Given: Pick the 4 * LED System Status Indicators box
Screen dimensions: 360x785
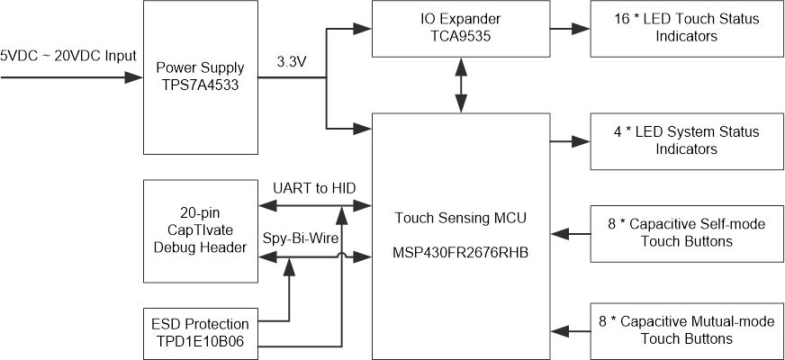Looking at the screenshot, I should pyautogui.click(x=685, y=140).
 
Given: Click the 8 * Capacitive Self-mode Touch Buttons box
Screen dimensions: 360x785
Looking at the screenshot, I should pyautogui.click(x=685, y=232).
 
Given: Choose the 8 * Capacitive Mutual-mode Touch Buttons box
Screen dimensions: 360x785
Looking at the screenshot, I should pyautogui.click(x=685, y=329).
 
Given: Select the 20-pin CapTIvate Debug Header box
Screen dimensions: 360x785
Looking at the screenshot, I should pyautogui.click(x=201, y=231).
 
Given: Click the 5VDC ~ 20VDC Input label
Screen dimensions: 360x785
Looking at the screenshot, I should pyautogui.click(x=68, y=56).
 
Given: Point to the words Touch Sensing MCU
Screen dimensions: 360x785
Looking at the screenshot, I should pyautogui.click(x=460, y=217).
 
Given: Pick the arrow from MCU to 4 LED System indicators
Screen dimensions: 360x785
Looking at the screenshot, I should pyautogui.click(x=569, y=140).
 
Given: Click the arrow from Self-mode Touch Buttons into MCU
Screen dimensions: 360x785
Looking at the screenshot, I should pyautogui.click(x=569, y=232).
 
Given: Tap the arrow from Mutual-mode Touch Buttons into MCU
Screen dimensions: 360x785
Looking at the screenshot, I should pyautogui.click(x=569, y=329).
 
